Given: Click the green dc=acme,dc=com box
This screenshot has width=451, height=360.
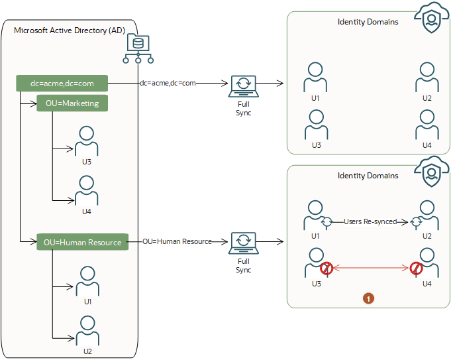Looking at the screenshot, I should (x=62, y=84).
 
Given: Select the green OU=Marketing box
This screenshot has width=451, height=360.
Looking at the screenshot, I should (x=72, y=103).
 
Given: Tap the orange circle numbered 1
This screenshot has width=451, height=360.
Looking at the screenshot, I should (x=368, y=299).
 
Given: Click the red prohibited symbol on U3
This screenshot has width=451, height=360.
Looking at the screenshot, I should (x=326, y=269).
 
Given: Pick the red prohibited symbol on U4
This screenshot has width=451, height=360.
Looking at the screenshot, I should (x=416, y=269).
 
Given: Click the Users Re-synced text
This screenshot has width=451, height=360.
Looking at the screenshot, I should (x=371, y=222).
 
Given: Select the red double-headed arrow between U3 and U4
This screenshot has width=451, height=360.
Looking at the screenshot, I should (x=371, y=269).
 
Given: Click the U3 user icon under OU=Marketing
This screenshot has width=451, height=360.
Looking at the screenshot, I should (x=87, y=140).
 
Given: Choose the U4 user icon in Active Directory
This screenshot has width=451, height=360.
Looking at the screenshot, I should (x=87, y=190).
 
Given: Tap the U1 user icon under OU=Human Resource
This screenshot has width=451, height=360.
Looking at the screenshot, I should (x=87, y=281).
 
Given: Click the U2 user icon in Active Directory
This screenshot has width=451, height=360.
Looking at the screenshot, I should (x=87, y=330).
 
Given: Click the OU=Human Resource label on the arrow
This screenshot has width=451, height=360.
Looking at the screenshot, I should (x=177, y=241).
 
